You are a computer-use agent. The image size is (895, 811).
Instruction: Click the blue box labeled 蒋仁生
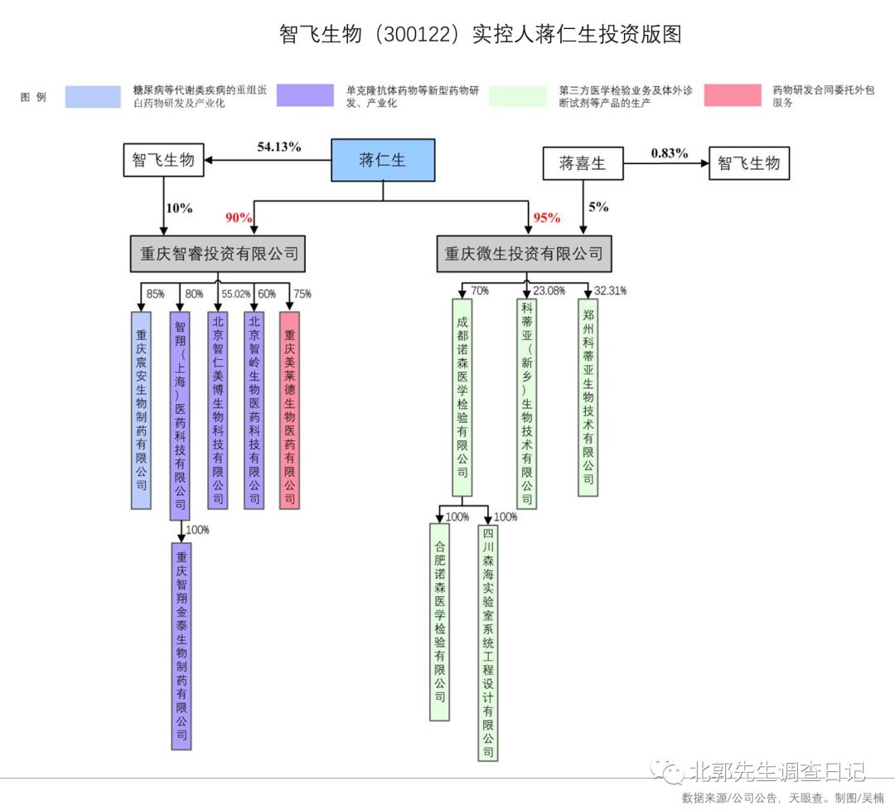(383, 160)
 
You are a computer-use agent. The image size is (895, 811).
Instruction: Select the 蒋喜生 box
(583, 163)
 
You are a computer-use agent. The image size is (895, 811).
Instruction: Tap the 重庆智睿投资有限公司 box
(218, 254)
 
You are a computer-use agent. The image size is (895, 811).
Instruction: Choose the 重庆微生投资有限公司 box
(524, 254)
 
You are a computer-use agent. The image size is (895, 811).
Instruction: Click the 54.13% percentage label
(278, 147)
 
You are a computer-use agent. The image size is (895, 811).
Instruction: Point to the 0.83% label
(669, 153)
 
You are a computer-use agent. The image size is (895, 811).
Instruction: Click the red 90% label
(239, 217)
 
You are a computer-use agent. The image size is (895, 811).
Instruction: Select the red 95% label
(546, 217)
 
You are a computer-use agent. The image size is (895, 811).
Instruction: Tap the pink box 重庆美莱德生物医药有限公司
(290, 410)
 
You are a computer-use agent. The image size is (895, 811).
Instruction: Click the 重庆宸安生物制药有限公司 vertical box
(142, 410)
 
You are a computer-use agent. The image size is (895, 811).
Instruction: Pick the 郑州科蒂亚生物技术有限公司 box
(588, 397)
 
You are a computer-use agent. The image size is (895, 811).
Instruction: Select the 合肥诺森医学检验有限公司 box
(440, 621)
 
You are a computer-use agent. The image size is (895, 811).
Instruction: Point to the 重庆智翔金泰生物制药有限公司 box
(181, 646)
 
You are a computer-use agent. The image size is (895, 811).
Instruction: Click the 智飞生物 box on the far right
(748, 163)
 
